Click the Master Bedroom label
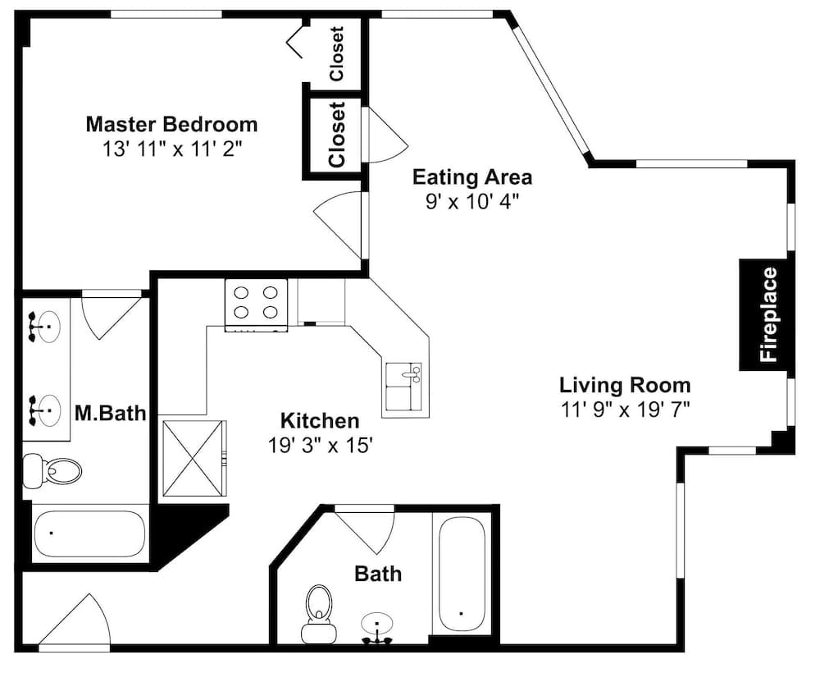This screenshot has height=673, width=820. point(171,125)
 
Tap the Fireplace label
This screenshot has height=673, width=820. point(769,314)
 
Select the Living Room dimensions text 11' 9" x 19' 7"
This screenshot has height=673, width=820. point(626,410)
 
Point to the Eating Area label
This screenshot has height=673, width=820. point(472,177)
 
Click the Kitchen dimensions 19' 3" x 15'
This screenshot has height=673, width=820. point(320,446)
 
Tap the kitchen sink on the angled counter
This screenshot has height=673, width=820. point(403,387)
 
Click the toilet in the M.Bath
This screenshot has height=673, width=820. point(52,470)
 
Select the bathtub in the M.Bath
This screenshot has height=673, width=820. point(89,533)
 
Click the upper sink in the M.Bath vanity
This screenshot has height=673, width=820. point(44,327)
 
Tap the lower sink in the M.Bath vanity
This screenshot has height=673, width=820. point(44,410)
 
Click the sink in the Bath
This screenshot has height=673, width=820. point(376,628)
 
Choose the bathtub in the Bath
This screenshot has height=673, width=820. point(461,575)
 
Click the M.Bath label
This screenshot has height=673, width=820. point(111,413)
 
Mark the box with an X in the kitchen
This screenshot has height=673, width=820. point(194,457)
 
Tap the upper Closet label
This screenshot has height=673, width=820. point(337,54)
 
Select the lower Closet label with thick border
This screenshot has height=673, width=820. point(337,135)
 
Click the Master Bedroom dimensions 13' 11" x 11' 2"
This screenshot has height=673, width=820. point(173,149)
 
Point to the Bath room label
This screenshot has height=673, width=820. point(378,574)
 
